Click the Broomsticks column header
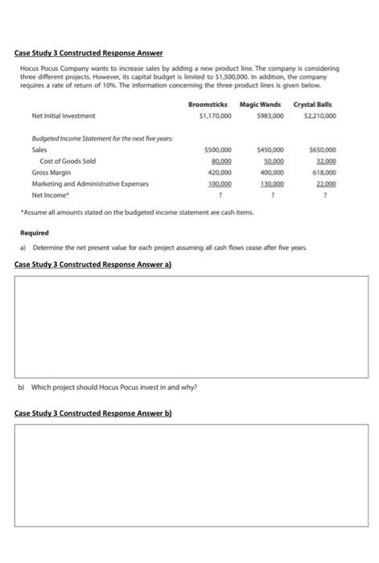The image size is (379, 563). (208, 105)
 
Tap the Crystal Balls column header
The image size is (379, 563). (315, 105)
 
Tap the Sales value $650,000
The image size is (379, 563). (322, 150)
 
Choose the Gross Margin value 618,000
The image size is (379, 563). (323, 172)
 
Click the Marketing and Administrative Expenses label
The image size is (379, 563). (90, 183)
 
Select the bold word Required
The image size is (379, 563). (35, 232)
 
